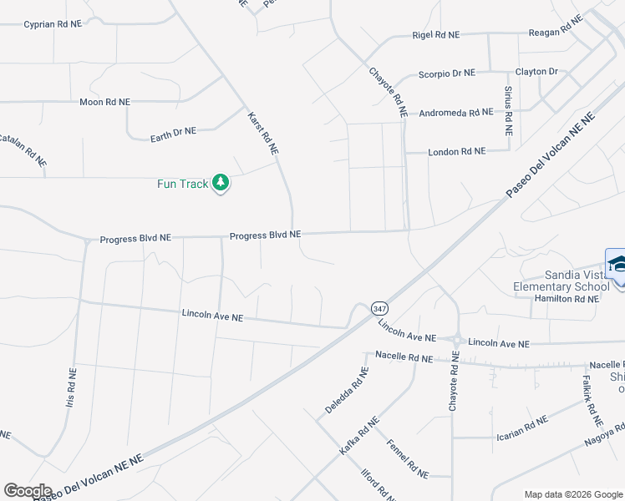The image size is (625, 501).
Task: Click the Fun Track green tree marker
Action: pos(221,183)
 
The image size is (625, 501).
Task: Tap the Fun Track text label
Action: pos(182,184)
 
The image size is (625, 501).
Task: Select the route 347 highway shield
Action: pos(380,309)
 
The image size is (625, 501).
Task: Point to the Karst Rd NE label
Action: pos(262,133)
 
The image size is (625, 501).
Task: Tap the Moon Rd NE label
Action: pos(105,102)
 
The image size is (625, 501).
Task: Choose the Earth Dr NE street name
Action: pos(173,133)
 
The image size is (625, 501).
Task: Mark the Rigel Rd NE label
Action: pos(436,35)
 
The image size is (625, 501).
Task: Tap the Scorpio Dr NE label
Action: pos(447,73)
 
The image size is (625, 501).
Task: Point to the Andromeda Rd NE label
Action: pos(456,112)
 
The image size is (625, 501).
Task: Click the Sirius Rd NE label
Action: pos(508,110)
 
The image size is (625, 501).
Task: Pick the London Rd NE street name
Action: pos(456,151)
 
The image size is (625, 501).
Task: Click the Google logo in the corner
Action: pos(28,491)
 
